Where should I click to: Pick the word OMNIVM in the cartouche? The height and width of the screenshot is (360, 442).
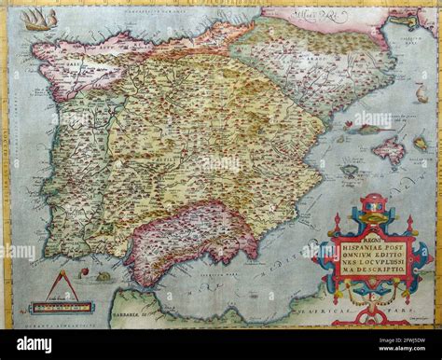pos(349,252)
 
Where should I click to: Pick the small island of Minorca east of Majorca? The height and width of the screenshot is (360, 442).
pos(421,144)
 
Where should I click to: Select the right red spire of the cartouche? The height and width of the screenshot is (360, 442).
pos(408,224)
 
